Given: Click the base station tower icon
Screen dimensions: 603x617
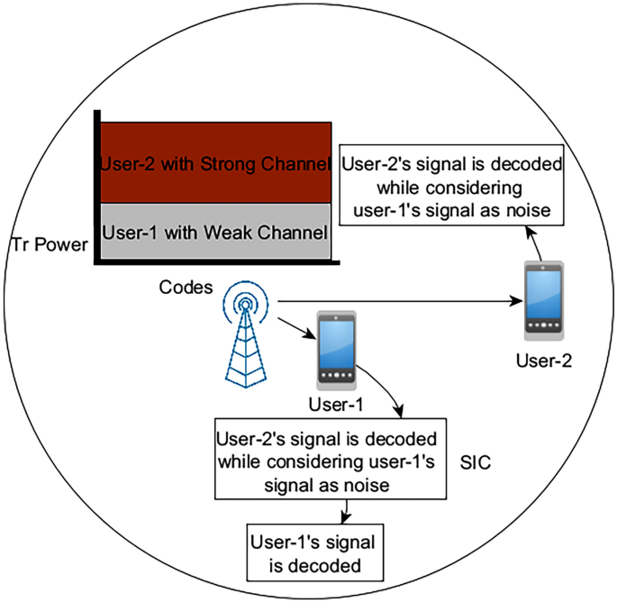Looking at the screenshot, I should point(246,338).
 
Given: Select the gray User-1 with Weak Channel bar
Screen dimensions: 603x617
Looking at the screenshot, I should point(216,232).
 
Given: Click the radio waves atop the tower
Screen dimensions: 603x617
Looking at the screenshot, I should point(246,300).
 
